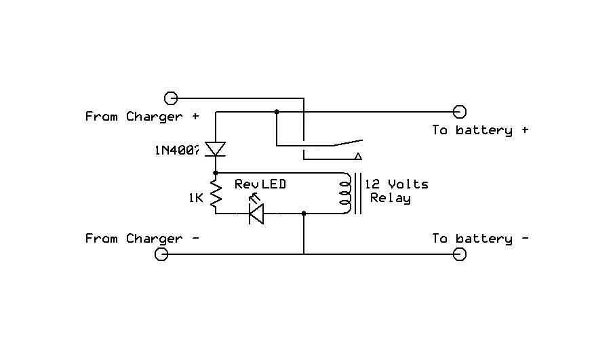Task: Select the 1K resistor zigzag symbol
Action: [216, 193]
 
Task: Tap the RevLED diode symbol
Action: [256, 214]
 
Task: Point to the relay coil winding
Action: [344, 194]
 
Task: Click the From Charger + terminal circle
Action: [171, 98]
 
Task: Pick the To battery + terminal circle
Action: [459, 111]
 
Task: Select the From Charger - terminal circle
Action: [161, 254]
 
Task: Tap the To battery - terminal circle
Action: [459, 254]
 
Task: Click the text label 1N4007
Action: [176, 150]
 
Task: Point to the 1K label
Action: [196, 198]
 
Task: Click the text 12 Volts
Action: [397, 184]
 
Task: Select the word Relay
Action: [390, 199]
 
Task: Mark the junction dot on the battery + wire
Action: [276, 111]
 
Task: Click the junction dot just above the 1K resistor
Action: [216, 173]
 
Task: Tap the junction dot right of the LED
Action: [303, 214]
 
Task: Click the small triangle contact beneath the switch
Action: [356, 156]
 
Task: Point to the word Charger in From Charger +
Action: [154, 117]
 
